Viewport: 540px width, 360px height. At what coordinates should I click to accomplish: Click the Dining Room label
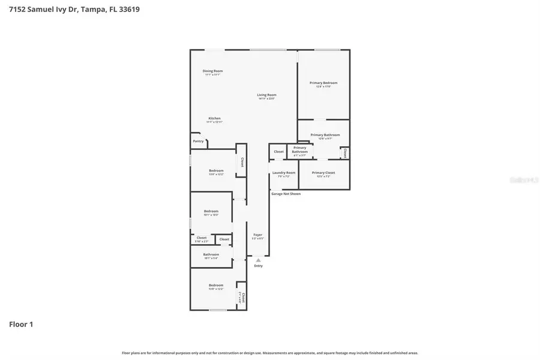pyautogui.click(x=212, y=71)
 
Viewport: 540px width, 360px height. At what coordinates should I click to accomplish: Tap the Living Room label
pyautogui.click(x=266, y=95)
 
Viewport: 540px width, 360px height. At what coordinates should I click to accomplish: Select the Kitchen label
pyautogui.click(x=214, y=118)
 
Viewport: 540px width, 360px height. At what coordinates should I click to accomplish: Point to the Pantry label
pyautogui.click(x=198, y=141)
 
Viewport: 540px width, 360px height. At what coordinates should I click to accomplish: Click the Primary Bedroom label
pyautogui.click(x=323, y=83)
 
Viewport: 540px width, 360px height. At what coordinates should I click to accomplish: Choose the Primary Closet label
pyautogui.click(x=323, y=173)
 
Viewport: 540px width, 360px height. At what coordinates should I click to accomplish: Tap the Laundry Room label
pyautogui.click(x=283, y=173)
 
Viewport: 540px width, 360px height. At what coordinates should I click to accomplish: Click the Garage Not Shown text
pyautogui.click(x=286, y=194)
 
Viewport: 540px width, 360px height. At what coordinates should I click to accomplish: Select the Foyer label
pyautogui.click(x=257, y=235)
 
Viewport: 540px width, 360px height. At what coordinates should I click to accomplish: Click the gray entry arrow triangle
pyautogui.click(x=258, y=260)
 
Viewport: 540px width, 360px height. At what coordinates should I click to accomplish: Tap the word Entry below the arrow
pyautogui.click(x=258, y=266)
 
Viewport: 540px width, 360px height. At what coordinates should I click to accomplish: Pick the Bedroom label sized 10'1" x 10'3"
pyautogui.click(x=211, y=211)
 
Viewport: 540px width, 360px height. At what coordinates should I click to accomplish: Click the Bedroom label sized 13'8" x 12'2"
pyautogui.click(x=216, y=285)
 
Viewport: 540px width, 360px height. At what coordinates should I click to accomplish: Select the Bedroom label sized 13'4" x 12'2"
pyautogui.click(x=216, y=170)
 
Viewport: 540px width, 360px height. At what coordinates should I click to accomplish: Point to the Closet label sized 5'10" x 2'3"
pyautogui.click(x=202, y=238)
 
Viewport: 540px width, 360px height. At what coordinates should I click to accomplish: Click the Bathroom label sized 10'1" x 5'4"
pyautogui.click(x=211, y=254)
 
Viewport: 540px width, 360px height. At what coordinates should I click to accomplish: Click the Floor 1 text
pyautogui.click(x=21, y=325)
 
